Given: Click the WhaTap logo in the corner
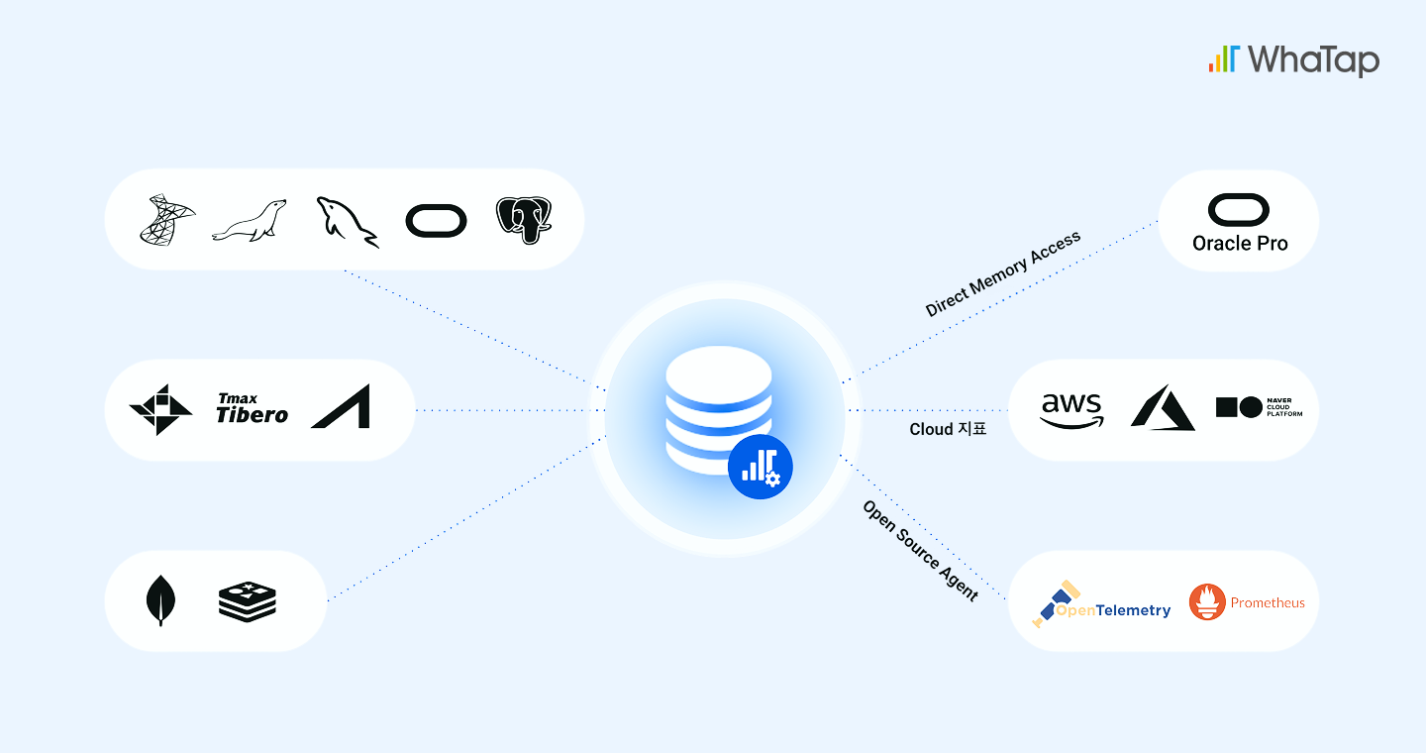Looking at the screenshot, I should pyautogui.click(x=1293, y=59).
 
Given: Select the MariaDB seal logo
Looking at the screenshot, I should pyautogui.click(x=249, y=221).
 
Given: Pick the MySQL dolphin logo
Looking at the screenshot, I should pyautogui.click(x=346, y=221).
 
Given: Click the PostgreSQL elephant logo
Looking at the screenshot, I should pyautogui.click(x=524, y=220).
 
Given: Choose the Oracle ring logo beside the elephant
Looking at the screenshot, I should pyautogui.click(x=436, y=220).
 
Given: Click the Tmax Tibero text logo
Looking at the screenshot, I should pyautogui.click(x=252, y=408).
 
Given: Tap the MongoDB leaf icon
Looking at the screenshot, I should pyautogui.click(x=158, y=601).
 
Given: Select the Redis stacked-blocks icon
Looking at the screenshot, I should pyautogui.click(x=247, y=601).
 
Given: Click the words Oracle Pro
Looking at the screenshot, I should pyautogui.click(x=1240, y=243).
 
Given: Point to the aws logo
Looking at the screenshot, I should pyautogui.click(x=1071, y=409).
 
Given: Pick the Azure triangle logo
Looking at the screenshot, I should pyautogui.click(x=1162, y=407).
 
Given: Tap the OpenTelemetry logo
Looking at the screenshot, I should pyautogui.click(x=1101, y=604).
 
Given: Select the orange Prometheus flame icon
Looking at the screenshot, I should pyautogui.click(x=1207, y=602).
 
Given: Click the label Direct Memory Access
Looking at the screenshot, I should pyautogui.click(x=1002, y=273).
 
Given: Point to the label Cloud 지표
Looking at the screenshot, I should pyautogui.click(x=948, y=430).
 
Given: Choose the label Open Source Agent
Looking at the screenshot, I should pyautogui.click(x=920, y=550).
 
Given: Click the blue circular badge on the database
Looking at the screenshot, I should pyautogui.click(x=761, y=466).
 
